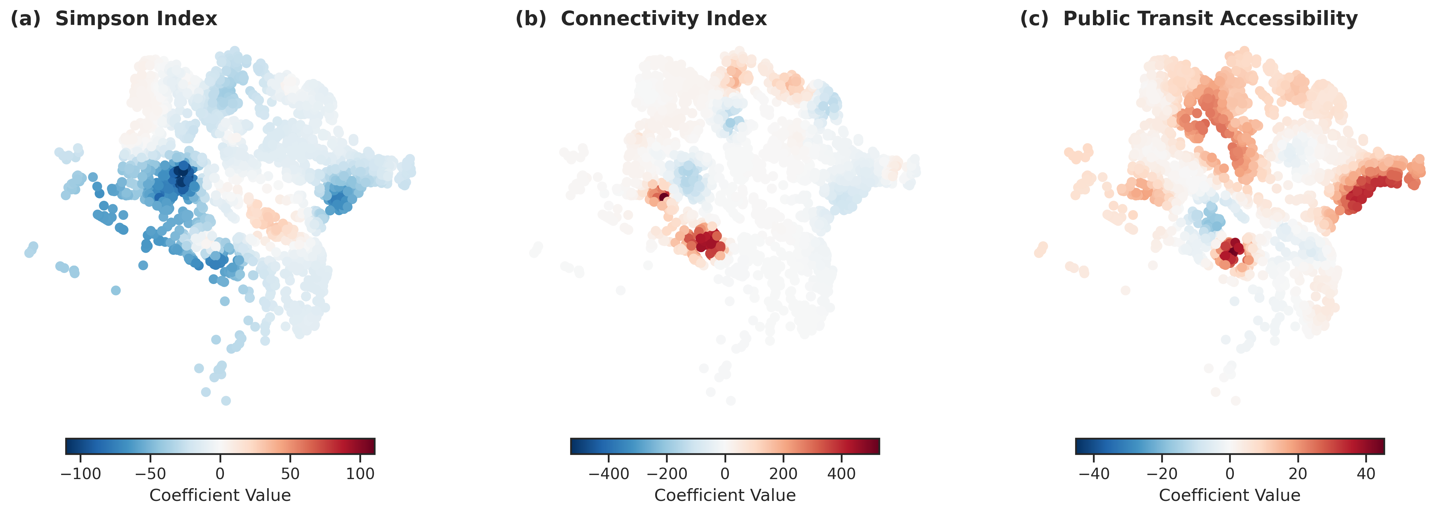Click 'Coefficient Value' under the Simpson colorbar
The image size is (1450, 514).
click(220, 496)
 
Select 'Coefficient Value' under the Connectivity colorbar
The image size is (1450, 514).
click(725, 496)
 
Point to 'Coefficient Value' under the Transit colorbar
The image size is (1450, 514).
click(1230, 496)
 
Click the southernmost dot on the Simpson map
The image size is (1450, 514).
click(226, 401)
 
